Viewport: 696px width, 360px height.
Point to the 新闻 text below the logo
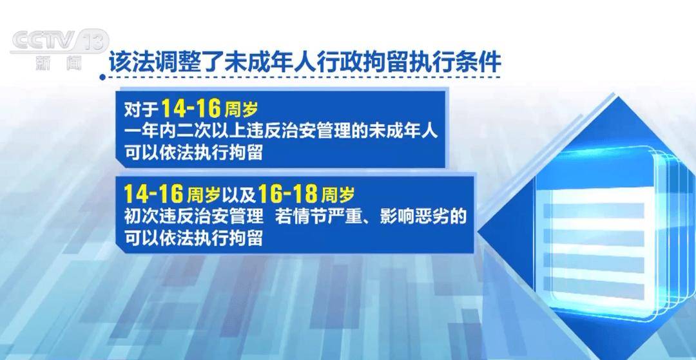(x=59, y=63)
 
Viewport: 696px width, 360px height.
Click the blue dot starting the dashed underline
(x=102, y=77)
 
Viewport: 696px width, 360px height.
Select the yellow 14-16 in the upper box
(x=190, y=108)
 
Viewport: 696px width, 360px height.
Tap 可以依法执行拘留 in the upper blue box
(x=193, y=153)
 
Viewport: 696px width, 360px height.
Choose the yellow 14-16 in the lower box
(x=153, y=194)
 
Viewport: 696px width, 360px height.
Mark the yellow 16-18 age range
(x=287, y=194)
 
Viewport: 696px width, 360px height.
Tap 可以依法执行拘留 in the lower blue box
(x=193, y=238)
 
